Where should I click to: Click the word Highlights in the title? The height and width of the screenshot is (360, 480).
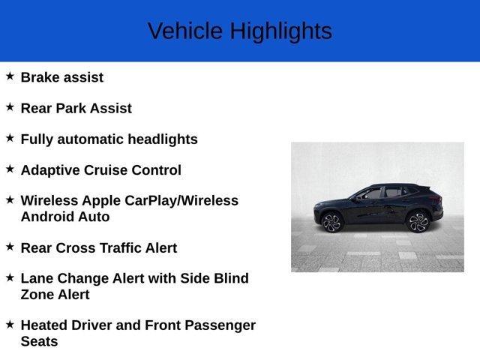[280, 31]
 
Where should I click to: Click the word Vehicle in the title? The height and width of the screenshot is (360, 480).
[184, 31]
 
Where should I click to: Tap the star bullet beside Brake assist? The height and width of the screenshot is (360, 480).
[10, 76]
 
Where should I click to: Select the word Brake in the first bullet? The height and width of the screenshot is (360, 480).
[40, 77]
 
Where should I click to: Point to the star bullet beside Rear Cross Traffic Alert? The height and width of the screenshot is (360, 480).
[10, 246]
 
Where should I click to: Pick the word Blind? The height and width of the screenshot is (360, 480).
[229, 278]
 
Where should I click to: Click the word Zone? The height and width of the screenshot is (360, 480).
[37, 294]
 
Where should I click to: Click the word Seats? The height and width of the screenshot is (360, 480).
[39, 341]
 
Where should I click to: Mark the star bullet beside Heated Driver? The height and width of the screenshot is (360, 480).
[10, 324]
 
